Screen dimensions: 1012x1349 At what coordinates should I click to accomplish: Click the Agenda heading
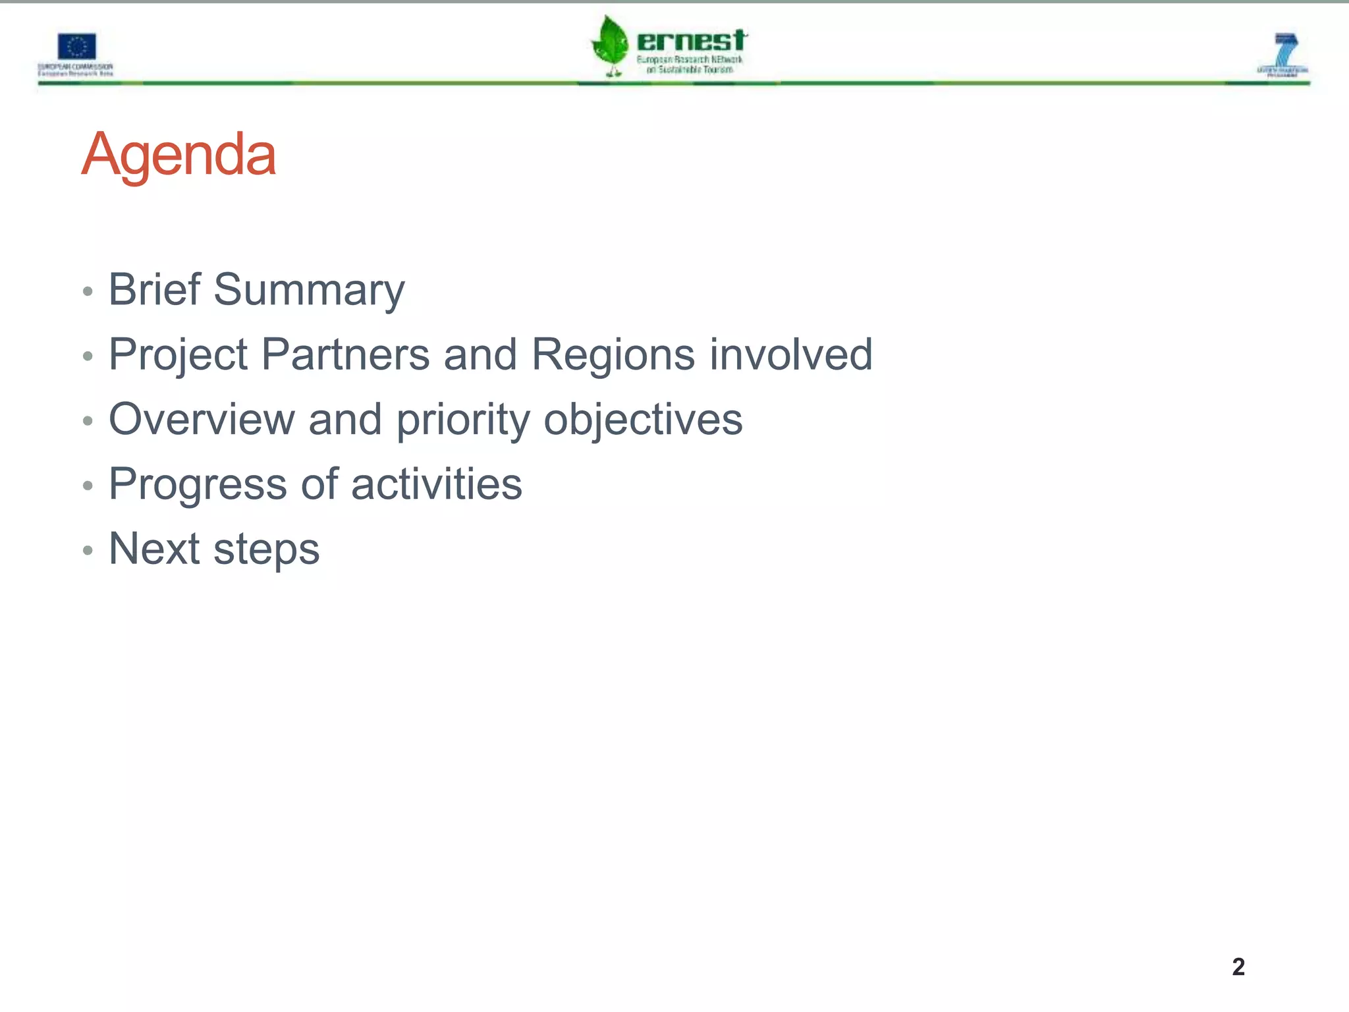click(x=179, y=155)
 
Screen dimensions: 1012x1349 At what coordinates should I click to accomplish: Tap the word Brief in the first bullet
click(x=154, y=289)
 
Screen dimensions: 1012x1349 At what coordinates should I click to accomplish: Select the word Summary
click(x=309, y=291)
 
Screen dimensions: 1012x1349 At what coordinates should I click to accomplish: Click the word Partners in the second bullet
click(x=345, y=354)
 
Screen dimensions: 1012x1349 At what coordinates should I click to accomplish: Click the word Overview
click(x=202, y=419)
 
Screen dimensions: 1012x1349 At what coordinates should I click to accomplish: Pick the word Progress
click(x=198, y=485)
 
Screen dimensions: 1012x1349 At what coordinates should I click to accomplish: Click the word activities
click(x=436, y=484)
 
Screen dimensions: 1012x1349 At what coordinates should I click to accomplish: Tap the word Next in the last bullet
click(x=154, y=548)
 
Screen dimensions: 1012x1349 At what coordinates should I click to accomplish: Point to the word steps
click(x=266, y=549)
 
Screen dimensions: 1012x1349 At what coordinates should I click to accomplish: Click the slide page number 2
click(x=1238, y=967)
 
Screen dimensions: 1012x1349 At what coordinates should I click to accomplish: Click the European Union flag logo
click(x=76, y=47)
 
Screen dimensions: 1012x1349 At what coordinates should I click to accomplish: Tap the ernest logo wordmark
click(x=691, y=41)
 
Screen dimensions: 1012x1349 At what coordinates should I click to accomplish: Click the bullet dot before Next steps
click(x=88, y=550)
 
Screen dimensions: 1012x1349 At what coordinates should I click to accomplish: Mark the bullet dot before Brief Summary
click(x=88, y=291)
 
